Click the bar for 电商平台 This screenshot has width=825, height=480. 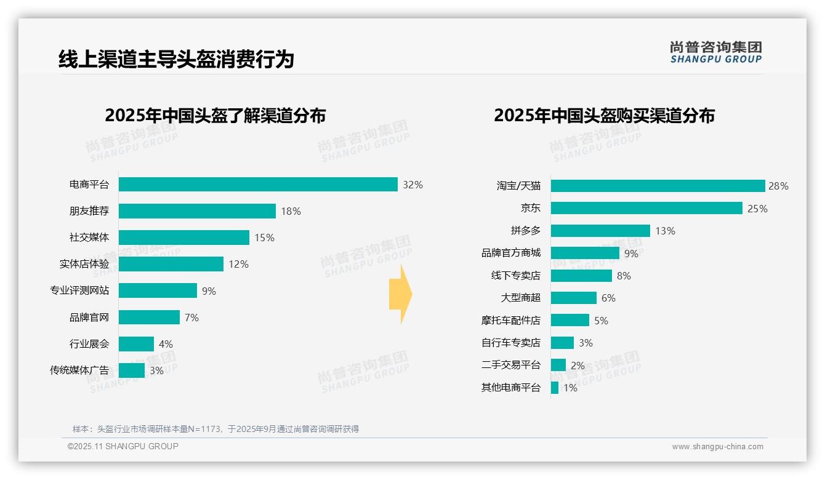[x=258, y=185]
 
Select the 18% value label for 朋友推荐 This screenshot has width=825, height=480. [x=291, y=211]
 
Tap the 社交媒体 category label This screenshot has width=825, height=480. [x=89, y=238]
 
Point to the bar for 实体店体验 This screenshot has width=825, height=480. [x=171, y=264]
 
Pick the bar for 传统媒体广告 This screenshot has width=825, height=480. [x=132, y=370]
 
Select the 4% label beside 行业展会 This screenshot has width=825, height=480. [x=166, y=344]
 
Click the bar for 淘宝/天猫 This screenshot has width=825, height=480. [x=658, y=186]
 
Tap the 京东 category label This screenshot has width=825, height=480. [x=531, y=209]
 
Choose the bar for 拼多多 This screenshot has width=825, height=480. [x=600, y=231]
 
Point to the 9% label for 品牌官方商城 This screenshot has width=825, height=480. [x=631, y=253]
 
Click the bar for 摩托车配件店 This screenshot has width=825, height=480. [x=570, y=321]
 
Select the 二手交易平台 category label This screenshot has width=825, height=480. [x=511, y=365]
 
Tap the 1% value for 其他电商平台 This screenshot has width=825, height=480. [x=570, y=388]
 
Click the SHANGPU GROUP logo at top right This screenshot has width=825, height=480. [x=716, y=52]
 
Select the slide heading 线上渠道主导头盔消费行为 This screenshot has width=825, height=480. [x=176, y=59]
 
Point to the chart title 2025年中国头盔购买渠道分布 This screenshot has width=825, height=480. [x=604, y=116]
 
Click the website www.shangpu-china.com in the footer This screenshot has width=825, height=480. [x=717, y=447]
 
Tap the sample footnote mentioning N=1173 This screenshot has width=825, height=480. [x=215, y=429]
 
